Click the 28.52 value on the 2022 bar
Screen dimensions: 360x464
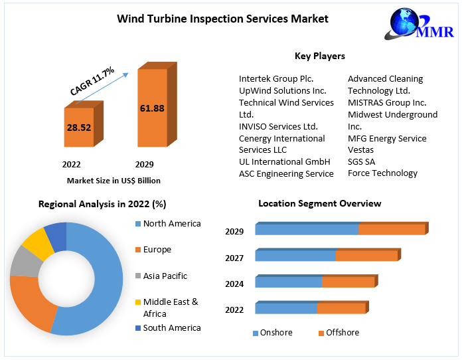[x=78, y=128]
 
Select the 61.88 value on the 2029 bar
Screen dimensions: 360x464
[x=152, y=108]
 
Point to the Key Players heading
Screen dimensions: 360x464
[x=319, y=56]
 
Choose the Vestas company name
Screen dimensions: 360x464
[x=360, y=150]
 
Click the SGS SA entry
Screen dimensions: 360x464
[x=362, y=162]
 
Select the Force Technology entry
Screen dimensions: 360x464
[x=382, y=173]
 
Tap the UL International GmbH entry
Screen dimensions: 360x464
[x=284, y=162]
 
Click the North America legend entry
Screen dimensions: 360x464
[x=171, y=224]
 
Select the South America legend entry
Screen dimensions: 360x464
[x=171, y=328]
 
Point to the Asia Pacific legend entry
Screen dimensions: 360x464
[x=165, y=276]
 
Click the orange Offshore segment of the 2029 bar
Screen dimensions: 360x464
[x=391, y=230]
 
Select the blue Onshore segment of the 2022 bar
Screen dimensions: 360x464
[x=286, y=308]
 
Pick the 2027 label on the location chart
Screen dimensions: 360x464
[x=234, y=258]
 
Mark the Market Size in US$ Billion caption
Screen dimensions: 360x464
[x=114, y=181]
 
